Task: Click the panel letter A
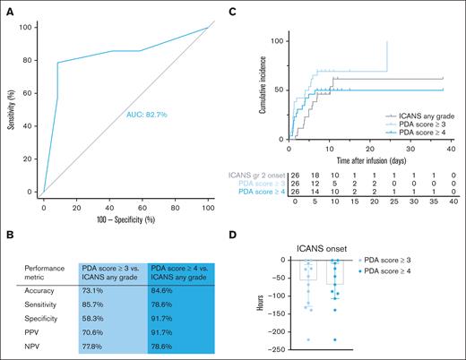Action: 10,12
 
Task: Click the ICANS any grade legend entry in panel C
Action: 410,116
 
